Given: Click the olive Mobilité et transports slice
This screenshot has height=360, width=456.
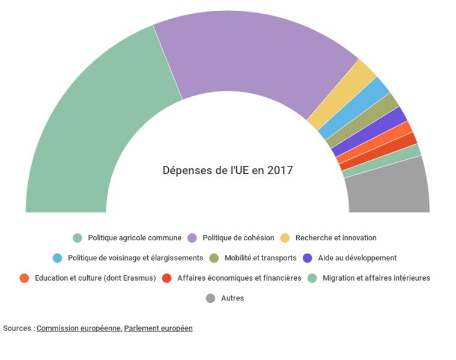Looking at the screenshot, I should [x=363, y=120].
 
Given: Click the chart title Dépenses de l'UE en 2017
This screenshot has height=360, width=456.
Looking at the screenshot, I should [x=228, y=170].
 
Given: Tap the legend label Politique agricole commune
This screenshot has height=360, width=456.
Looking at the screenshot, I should [x=134, y=238].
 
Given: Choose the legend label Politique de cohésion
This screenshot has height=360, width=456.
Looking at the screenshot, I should [x=238, y=238].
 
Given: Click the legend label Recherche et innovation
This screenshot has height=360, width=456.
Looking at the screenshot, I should [x=336, y=238].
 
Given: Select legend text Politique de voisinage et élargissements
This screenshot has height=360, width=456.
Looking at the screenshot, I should [x=135, y=258].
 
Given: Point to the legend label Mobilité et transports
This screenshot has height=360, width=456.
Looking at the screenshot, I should [x=260, y=258].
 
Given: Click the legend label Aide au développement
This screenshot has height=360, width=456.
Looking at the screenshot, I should [x=357, y=258].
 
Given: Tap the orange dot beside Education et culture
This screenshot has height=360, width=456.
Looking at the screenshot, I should [x=24, y=278].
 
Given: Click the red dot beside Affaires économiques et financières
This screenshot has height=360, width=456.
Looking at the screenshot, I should [x=167, y=278].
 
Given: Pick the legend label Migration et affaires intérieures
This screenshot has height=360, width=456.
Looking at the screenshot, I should [x=376, y=278].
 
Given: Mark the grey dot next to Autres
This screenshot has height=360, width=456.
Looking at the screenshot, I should [x=210, y=298].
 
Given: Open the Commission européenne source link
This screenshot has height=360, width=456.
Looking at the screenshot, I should [x=79, y=328].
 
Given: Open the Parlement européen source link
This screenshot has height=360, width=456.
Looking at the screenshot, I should [x=158, y=328].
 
